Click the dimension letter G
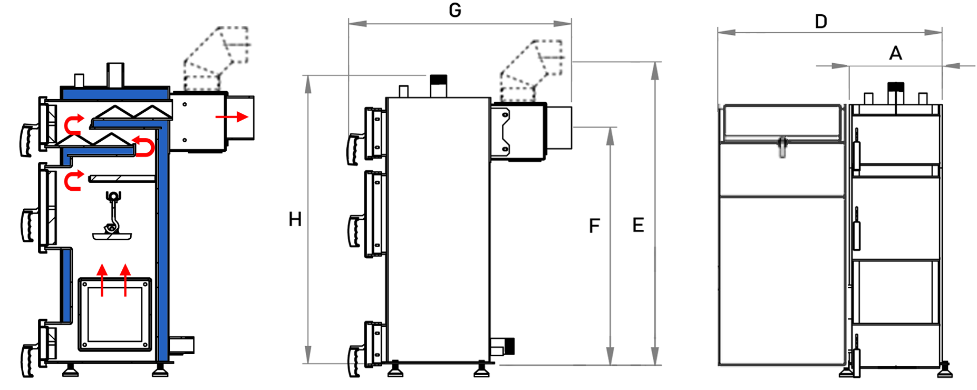(454, 10)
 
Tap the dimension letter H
(295, 219)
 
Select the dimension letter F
(594, 226)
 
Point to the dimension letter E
(638, 226)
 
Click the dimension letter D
(821, 22)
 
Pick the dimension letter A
(895, 53)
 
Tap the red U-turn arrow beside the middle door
(73, 181)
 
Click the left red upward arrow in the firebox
(102, 280)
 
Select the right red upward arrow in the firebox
(125, 280)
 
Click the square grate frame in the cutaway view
(115, 315)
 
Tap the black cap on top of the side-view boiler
(438, 80)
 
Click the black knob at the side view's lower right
(509, 346)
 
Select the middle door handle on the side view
(354, 231)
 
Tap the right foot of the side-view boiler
(481, 370)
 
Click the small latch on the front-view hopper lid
(782, 147)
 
